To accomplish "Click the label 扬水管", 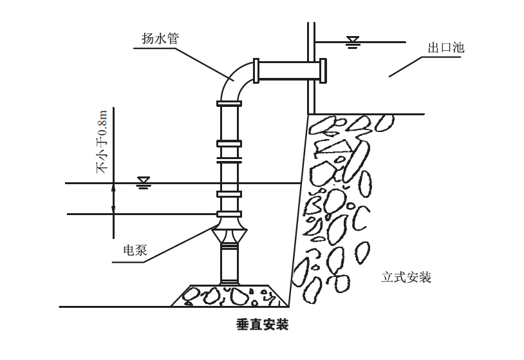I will [x=160, y=38].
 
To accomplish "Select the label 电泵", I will [x=136, y=249].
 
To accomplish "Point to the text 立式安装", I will [x=406, y=278].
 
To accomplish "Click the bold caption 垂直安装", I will [x=262, y=325].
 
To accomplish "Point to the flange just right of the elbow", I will [x=257, y=70].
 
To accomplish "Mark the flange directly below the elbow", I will [x=229, y=103].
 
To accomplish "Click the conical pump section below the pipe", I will [x=229, y=236].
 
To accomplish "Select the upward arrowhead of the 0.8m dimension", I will [x=113, y=187].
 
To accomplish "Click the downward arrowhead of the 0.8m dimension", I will [x=113, y=210].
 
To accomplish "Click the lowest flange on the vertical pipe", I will [x=229, y=214].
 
